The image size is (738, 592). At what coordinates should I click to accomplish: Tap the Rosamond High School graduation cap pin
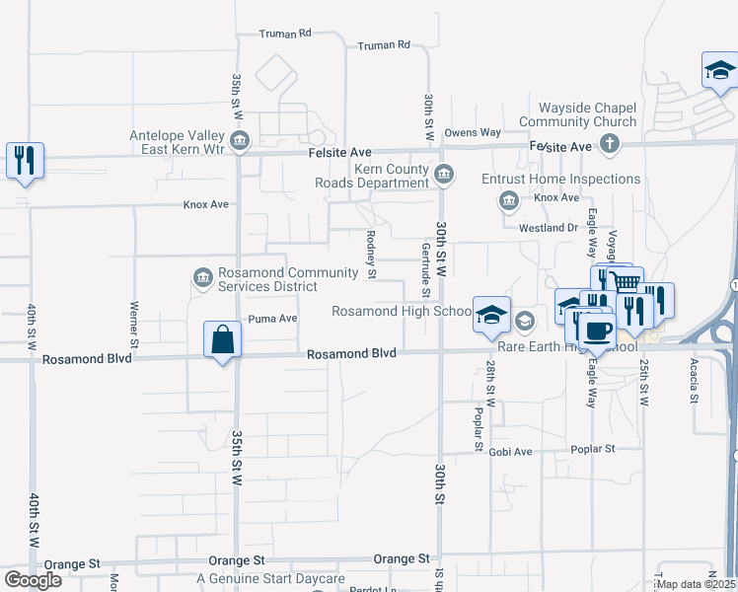pos(491,315)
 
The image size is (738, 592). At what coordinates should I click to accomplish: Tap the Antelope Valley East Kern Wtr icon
pos(240,144)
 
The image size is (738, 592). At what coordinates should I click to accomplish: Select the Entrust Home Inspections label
pos(560,180)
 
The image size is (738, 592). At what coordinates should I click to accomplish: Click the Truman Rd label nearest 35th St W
pos(285,34)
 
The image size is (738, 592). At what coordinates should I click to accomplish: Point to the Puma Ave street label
pos(272,319)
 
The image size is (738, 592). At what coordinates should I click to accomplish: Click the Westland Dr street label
pos(548,228)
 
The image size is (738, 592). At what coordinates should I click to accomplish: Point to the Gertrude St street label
pos(425,269)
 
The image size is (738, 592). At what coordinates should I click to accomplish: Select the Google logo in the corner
pos(34,580)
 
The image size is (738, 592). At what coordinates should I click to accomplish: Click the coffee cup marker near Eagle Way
pos(596,330)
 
